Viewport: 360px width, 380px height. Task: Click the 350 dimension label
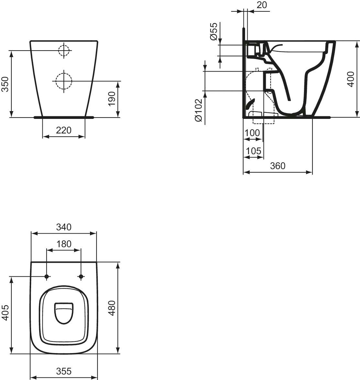pyautogui.click(x=5, y=84)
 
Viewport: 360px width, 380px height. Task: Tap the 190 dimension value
pyautogui.click(x=111, y=98)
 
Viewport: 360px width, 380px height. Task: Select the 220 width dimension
pyautogui.click(x=64, y=130)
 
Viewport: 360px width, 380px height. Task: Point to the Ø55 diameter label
pyautogui.click(x=214, y=31)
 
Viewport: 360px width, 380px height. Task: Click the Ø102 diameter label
pyautogui.click(x=198, y=110)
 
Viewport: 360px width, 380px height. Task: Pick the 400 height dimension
pyautogui.click(x=351, y=79)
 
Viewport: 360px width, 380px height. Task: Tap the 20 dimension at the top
pyautogui.click(x=262, y=5)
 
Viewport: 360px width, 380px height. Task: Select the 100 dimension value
pyautogui.click(x=252, y=133)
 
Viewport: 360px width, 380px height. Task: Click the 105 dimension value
pyautogui.click(x=253, y=151)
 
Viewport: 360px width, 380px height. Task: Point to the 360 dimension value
pyautogui.click(x=278, y=166)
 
